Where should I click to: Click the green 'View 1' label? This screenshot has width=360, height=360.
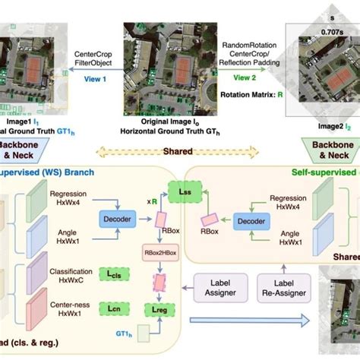pos(94,78)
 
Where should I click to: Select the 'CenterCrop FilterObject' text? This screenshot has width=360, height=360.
pos(94,59)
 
